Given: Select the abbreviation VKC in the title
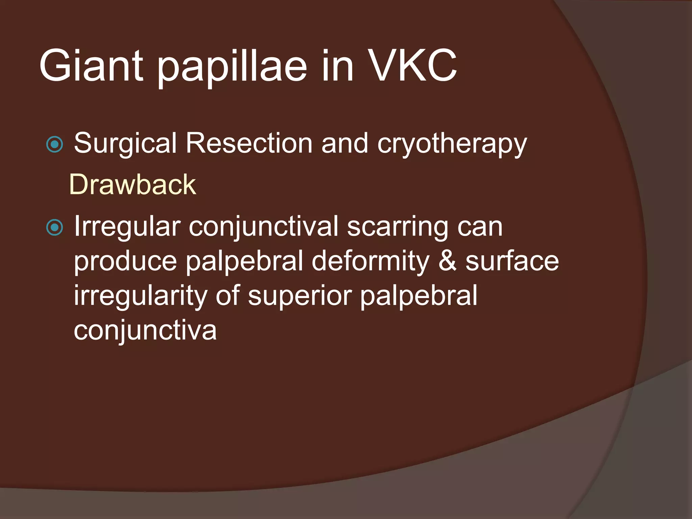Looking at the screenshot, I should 412,66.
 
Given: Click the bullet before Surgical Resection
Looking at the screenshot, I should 54,145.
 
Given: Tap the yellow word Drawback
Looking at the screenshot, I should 132,185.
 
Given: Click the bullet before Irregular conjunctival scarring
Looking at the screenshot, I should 54,227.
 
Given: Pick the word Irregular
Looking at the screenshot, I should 127,226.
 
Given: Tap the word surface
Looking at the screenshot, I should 512,261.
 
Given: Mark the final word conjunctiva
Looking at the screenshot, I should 145,330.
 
